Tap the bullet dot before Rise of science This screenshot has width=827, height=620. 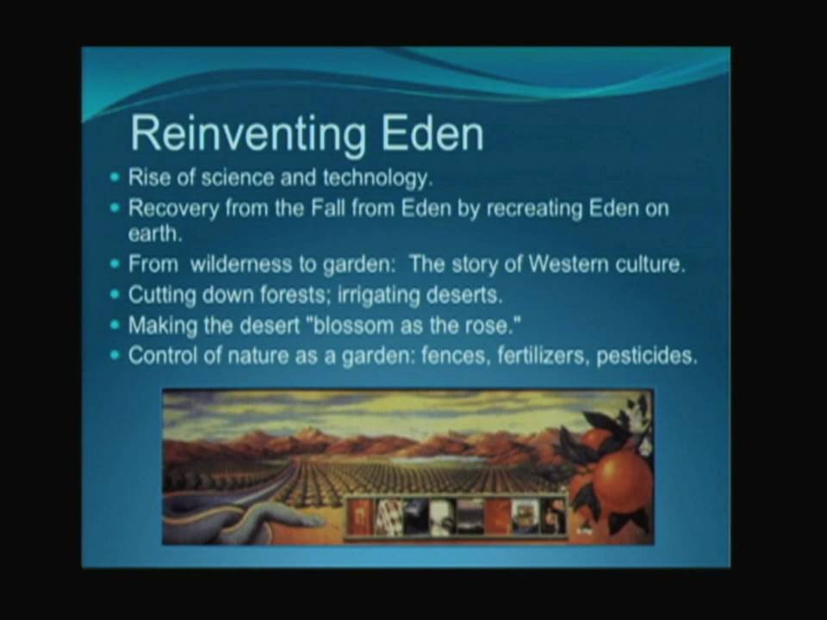tap(115, 179)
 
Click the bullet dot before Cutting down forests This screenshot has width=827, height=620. tap(115, 294)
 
